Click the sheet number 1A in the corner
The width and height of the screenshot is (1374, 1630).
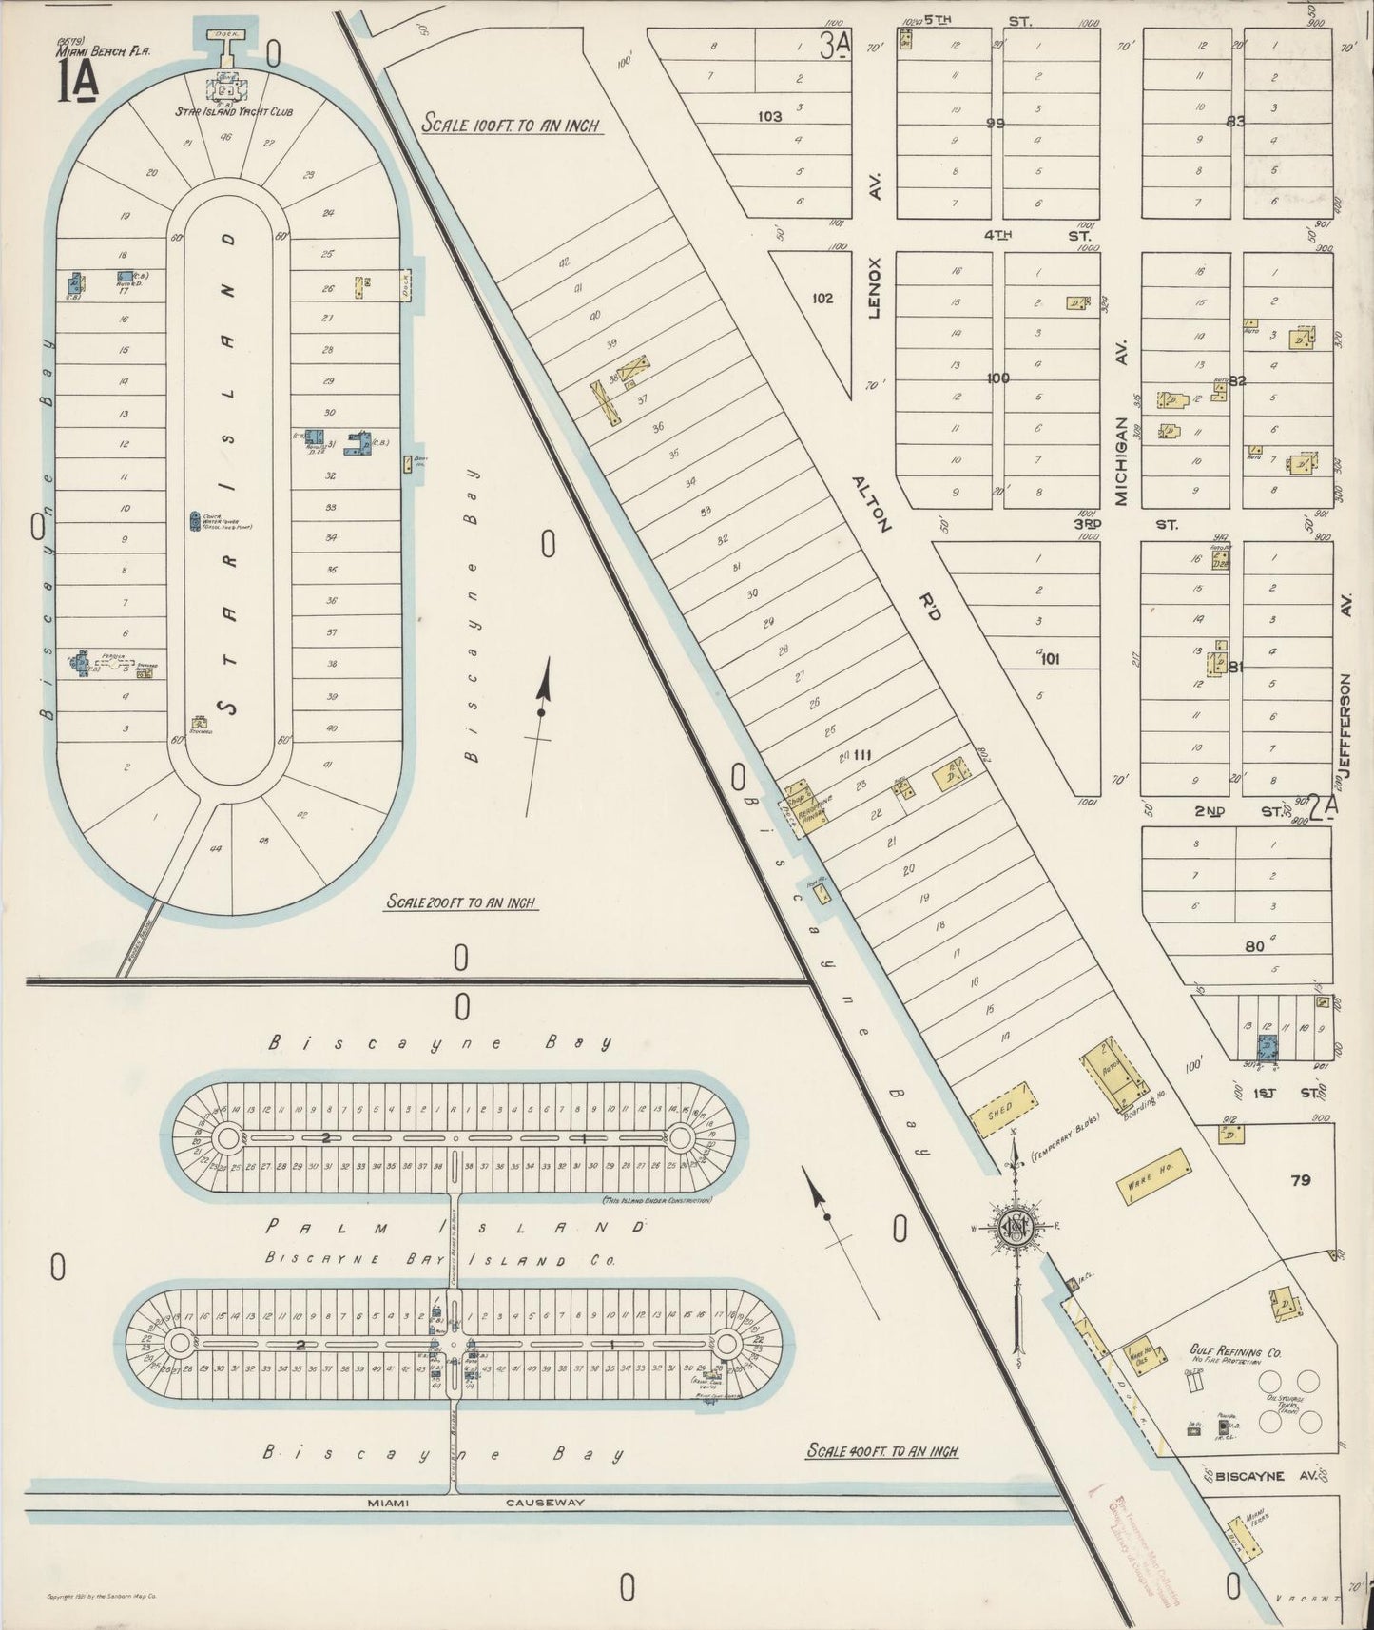click(x=77, y=85)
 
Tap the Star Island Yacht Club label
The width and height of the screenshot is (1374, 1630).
click(x=233, y=111)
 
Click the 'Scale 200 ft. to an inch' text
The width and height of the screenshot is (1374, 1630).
click(x=460, y=902)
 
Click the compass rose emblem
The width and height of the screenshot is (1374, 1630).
click(x=1015, y=1228)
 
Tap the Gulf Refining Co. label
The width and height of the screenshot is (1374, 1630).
click(x=1235, y=1351)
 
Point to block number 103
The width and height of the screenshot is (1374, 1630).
click(x=769, y=117)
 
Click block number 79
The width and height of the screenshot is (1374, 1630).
click(x=1301, y=1180)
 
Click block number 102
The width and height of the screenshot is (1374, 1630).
click(x=822, y=298)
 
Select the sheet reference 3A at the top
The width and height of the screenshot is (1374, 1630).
click(x=835, y=46)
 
